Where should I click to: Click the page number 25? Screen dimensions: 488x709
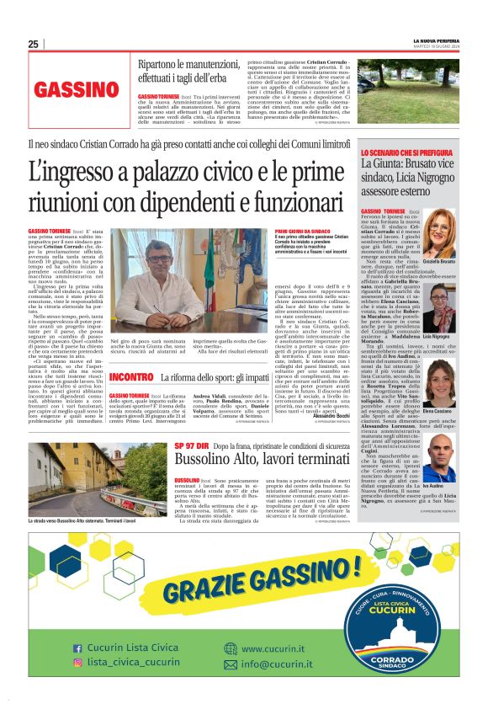[x=33, y=45]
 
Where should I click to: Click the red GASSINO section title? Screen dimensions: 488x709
[x=77, y=89]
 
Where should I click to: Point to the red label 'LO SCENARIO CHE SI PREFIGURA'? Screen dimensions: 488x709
[x=407, y=152]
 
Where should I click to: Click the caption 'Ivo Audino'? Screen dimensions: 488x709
[x=434, y=487]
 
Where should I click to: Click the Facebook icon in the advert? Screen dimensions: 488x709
[x=77, y=648]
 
